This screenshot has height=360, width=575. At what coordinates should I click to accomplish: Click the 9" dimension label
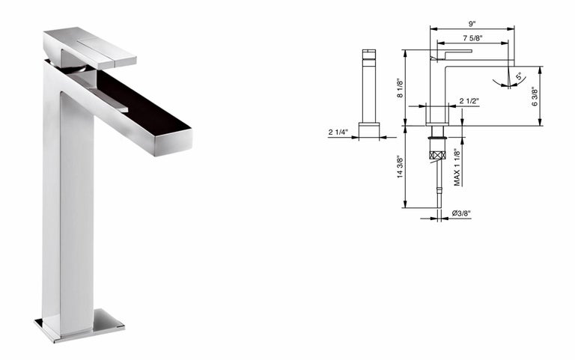(x=472, y=24)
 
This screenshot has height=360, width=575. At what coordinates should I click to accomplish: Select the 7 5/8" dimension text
(x=472, y=37)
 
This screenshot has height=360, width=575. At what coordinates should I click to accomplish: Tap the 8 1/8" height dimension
(x=400, y=88)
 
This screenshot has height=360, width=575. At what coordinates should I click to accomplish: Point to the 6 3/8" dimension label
(x=535, y=97)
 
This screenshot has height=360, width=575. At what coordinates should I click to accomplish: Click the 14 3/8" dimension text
(x=400, y=167)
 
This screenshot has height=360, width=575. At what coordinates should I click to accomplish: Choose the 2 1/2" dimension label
(x=469, y=101)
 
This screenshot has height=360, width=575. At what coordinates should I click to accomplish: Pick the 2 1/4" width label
(x=338, y=132)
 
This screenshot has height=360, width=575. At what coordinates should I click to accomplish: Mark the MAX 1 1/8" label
(x=457, y=167)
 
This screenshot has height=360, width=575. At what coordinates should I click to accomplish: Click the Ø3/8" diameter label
(x=461, y=213)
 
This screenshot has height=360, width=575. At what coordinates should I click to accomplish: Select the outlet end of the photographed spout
(x=172, y=141)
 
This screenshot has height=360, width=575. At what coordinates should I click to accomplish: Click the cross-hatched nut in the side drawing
(x=437, y=155)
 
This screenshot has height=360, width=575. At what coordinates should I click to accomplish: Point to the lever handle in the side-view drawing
(x=451, y=54)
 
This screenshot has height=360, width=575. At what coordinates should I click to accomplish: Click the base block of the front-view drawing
(x=368, y=131)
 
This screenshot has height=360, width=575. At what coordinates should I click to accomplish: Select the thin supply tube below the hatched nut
(x=438, y=183)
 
